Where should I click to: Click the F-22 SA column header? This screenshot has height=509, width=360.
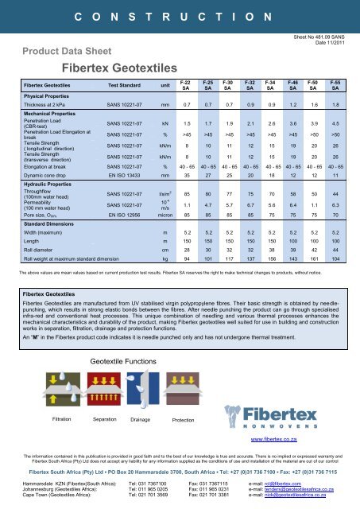(x=185, y=84)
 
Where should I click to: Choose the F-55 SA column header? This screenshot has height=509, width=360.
(x=336, y=84)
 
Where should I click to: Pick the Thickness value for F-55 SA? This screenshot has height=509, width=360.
(x=336, y=104)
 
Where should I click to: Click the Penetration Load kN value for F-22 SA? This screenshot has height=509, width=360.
(x=186, y=124)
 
